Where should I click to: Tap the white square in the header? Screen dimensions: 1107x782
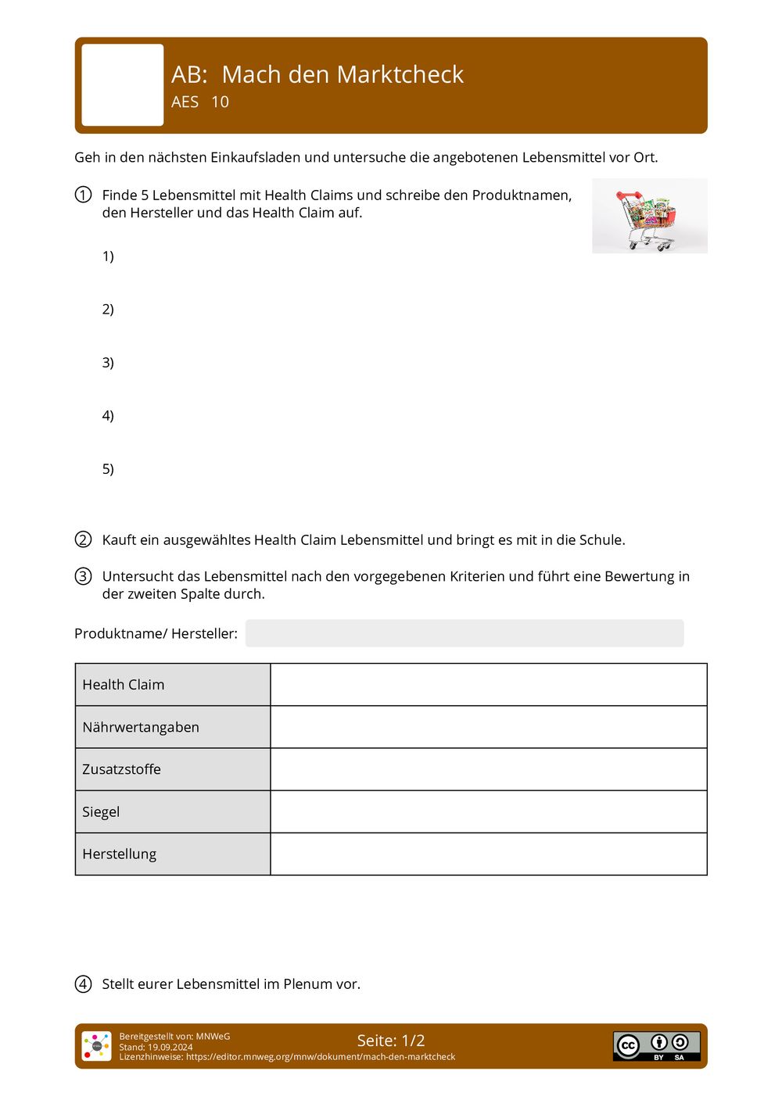123,84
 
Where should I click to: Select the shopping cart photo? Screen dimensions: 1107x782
649,216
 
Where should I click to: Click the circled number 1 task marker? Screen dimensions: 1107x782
83,195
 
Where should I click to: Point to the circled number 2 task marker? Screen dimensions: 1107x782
83,539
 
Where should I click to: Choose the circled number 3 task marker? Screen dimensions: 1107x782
83,576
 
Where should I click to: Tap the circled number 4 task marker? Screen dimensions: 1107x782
83,983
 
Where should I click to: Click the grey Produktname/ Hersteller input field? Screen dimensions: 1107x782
464,633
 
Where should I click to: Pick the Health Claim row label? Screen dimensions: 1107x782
124,685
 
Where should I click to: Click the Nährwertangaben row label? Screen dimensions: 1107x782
141,727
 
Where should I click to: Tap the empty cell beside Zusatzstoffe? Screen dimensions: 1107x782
488,769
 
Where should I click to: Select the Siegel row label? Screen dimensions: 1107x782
101,812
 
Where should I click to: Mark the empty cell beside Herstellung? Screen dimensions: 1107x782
488,854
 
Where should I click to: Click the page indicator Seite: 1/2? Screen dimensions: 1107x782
391,1041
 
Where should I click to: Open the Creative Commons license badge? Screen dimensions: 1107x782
656,1045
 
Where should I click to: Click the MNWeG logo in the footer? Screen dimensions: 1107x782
96,1046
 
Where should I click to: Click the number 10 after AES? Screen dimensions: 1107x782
220,102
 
